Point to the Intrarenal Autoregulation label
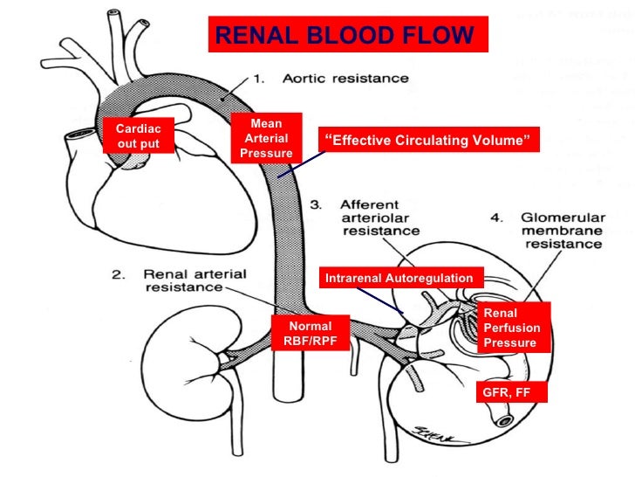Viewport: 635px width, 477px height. pos(399,278)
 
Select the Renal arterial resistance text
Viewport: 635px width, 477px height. pos(178,279)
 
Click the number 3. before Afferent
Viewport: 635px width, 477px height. pos(319,204)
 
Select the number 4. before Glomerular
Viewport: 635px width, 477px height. pos(495,217)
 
